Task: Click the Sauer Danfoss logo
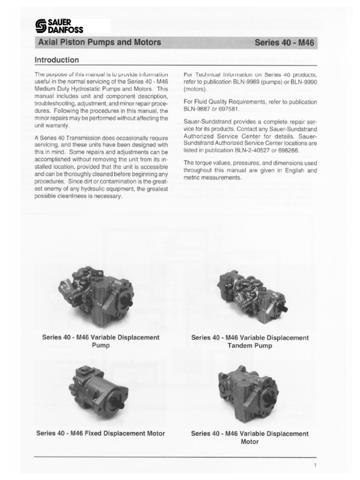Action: click(x=59, y=27)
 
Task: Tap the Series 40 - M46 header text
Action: click(x=284, y=43)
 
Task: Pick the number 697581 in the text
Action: click(x=227, y=109)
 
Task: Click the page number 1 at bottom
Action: click(x=315, y=465)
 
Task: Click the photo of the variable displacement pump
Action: click(x=96, y=294)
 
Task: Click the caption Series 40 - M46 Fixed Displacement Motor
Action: click(x=100, y=434)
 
